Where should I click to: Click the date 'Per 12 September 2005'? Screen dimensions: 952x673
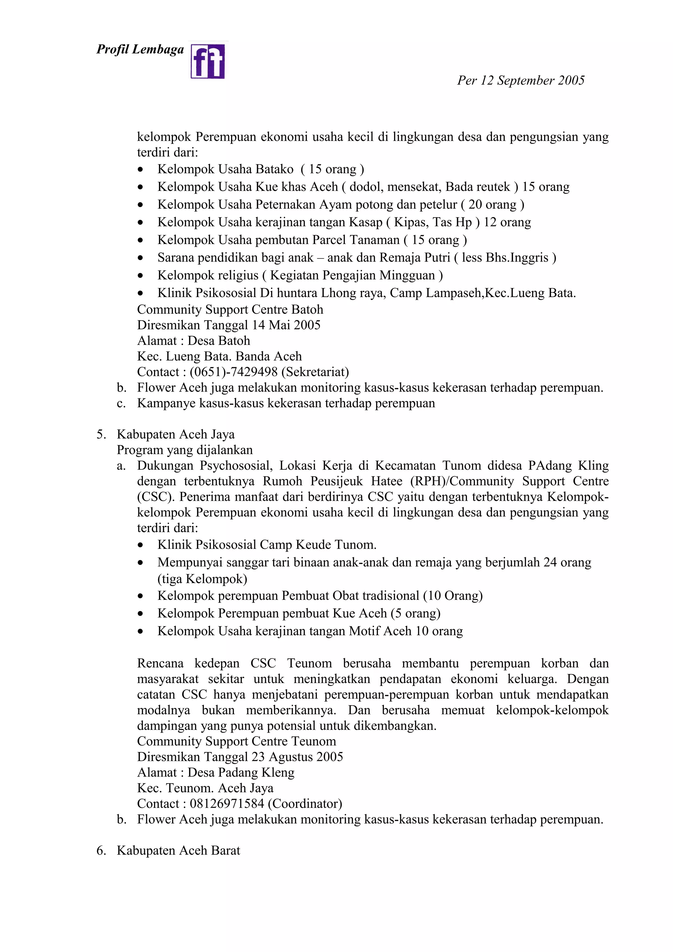[x=521, y=80]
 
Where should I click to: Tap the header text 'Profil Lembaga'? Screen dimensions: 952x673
[x=140, y=49]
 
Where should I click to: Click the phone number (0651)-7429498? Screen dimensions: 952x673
[x=233, y=372]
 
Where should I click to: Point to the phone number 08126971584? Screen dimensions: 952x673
[x=227, y=804]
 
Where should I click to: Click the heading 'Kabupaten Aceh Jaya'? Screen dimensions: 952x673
[x=175, y=434]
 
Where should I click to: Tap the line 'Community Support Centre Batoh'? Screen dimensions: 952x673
[x=230, y=310]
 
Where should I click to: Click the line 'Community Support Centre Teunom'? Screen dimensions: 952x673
[x=236, y=741]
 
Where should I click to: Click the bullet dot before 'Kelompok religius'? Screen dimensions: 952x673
[x=141, y=276]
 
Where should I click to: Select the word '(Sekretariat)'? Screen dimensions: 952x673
[x=315, y=372]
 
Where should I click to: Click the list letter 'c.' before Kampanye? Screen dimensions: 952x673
[x=121, y=403]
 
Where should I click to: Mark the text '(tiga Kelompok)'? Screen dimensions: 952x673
[x=202, y=579]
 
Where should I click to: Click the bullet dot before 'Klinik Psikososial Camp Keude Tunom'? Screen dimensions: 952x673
[x=141, y=545]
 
